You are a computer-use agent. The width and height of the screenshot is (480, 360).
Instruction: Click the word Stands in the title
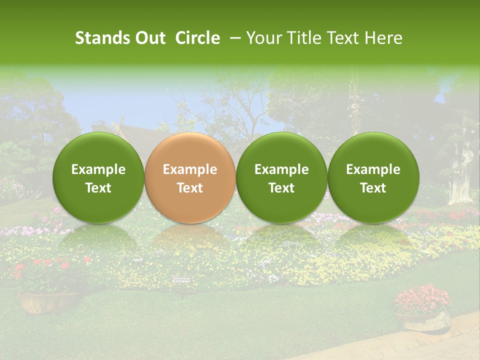pyautogui.click(x=102, y=38)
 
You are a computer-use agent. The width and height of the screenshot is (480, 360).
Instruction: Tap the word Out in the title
pyautogui.click(x=149, y=38)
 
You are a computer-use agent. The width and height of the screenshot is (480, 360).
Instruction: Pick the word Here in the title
pyautogui.click(x=383, y=38)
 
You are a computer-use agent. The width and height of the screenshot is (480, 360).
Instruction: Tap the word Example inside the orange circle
pyautogui.click(x=190, y=169)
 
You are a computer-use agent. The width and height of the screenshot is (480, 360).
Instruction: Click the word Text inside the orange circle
pyautogui.click(x=190, y=188)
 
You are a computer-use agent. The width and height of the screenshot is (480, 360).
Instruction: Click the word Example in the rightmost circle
pyautogui.click(x=373, y=169)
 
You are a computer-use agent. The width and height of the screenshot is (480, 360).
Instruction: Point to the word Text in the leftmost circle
pyautogui.click(x=98, y=188)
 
